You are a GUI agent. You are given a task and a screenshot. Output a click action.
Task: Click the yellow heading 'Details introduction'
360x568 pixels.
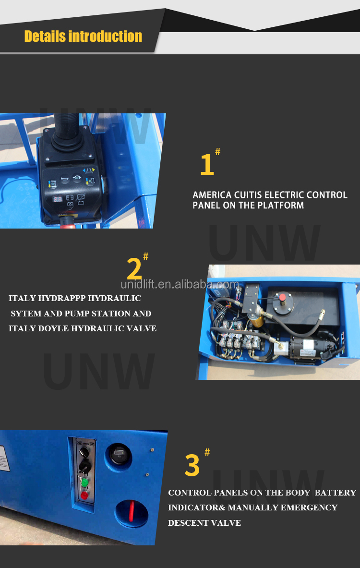83,36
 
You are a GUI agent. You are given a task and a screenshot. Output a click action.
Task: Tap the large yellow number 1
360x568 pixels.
206,165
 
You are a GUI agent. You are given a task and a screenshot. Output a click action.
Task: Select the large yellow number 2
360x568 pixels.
134,269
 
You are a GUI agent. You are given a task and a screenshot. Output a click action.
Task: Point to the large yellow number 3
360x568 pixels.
192,466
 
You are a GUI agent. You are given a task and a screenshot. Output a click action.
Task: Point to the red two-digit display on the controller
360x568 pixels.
57,199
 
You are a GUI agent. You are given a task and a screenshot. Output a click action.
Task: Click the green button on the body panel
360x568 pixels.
84,482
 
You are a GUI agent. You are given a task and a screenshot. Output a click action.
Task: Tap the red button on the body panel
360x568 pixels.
84,495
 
